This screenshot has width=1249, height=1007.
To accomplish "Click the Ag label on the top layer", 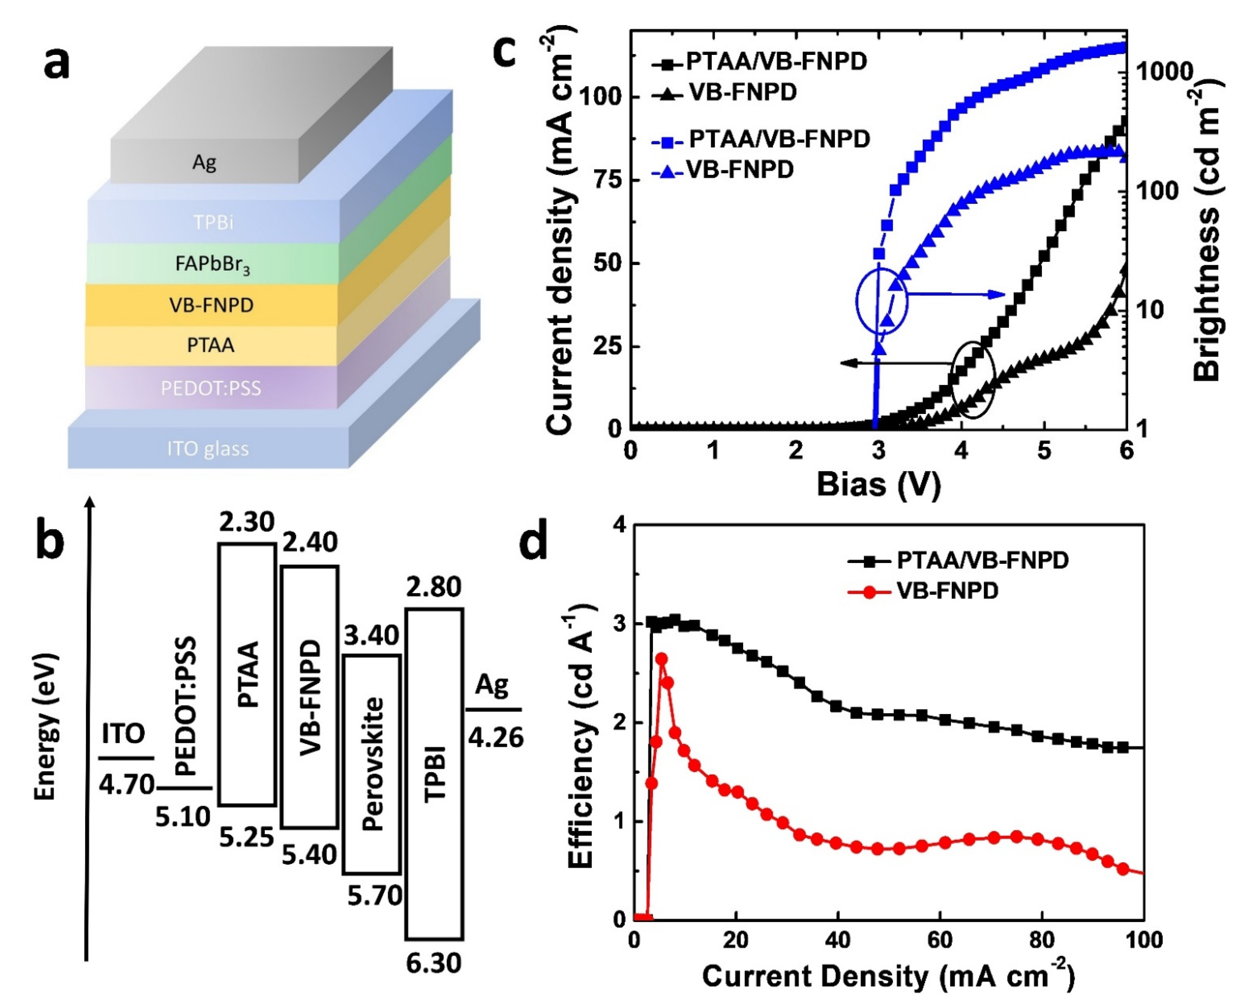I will [204, 162].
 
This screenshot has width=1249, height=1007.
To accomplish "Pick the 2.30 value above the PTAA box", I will [247, 522].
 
